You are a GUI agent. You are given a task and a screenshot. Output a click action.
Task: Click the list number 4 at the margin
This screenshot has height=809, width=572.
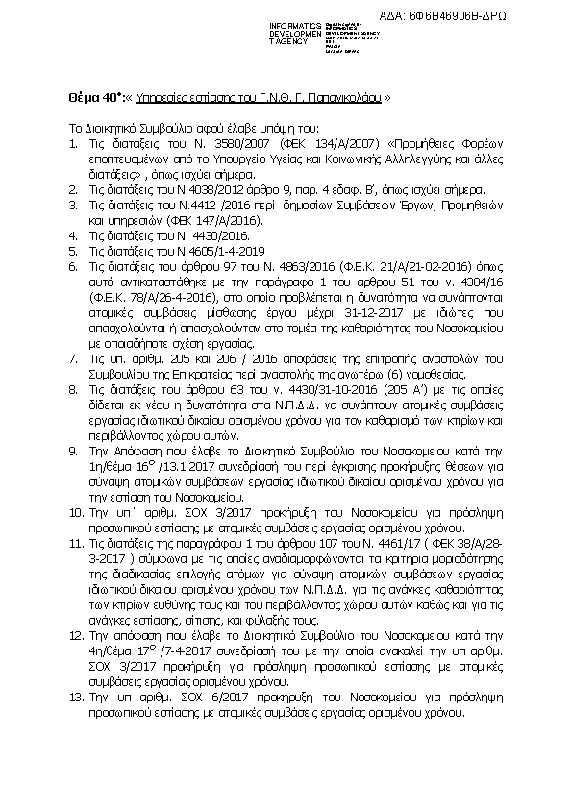click(73, 235)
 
